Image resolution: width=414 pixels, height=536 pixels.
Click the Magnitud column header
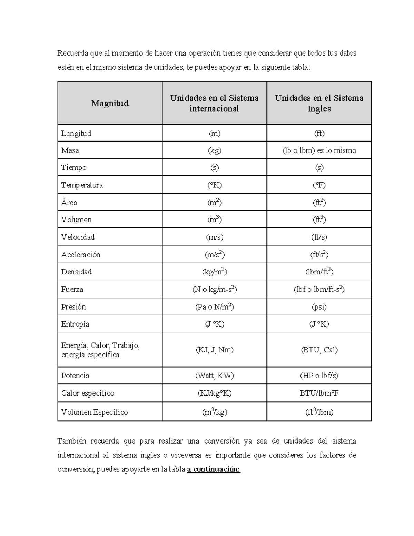(110, 103)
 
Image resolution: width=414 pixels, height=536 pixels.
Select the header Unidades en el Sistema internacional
(214, 103)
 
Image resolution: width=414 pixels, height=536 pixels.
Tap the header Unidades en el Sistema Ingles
(319, 103)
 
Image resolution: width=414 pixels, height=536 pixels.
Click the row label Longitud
(76, 133)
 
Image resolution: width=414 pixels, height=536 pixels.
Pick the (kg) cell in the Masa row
(214, 150)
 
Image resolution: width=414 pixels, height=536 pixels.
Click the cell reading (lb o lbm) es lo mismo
(319, 150)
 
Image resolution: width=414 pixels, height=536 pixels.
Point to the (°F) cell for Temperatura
(319, 185)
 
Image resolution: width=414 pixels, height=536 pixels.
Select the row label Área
(69, 203)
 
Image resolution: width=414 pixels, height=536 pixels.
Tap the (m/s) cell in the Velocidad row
(214, 237)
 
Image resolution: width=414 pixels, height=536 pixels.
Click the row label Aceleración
(81, 255)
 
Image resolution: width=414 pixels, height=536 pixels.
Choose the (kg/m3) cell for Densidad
(214, 272)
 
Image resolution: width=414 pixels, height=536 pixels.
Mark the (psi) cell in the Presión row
(319, 307)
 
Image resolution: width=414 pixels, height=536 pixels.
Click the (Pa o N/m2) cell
(214, 307)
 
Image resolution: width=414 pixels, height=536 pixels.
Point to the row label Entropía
(75, 324)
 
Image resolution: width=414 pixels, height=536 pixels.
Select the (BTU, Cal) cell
(319, 350)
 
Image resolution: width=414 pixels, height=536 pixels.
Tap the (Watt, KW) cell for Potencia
(214, 376)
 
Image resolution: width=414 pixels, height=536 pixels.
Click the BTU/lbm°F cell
(319, 393)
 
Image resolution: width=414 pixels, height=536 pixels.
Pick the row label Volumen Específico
(95, 412)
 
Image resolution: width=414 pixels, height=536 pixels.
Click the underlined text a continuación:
(214, 469)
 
